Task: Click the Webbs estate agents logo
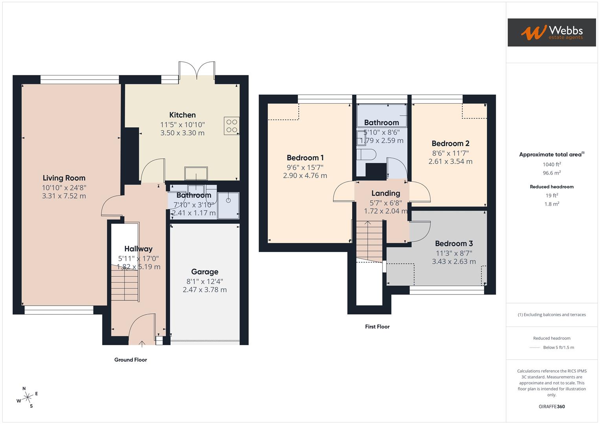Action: tap(551, 32)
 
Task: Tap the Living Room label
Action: tap(64, 178)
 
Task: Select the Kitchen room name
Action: tap(182, 115)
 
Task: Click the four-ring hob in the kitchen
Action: tap(231, 126)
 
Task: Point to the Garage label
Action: tap(204, 272)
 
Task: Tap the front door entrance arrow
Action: tap(142, 344)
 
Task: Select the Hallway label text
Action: tap(138, 249)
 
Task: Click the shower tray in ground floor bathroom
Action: tap(228, 205)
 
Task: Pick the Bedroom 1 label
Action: tap(305, 158)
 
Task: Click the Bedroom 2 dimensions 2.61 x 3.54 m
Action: tap(450, 161)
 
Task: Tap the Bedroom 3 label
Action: tap(454, 243)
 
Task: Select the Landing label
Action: tap(385, 193)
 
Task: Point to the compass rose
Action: tap(28, 397)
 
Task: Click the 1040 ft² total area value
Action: tap(552, 164)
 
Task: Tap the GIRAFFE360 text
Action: tap(552, 406)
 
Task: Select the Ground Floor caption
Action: tap(130, 360)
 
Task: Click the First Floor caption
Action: tap(377, 327)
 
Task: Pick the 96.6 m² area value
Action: tap(552, 173)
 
